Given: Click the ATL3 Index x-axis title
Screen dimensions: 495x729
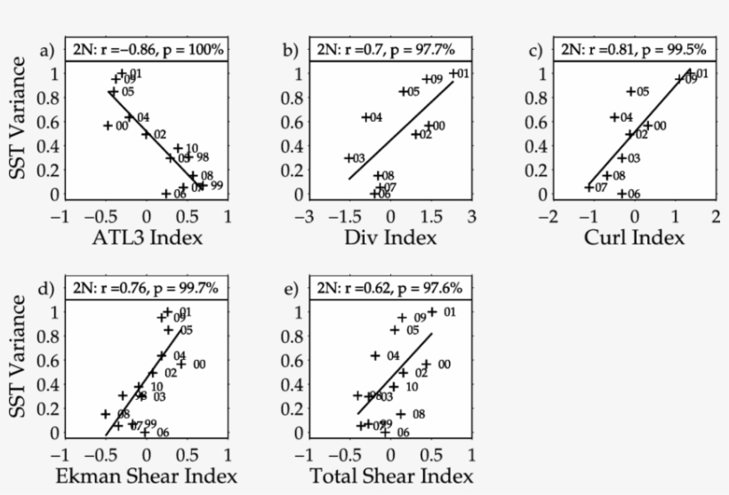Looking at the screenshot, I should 145,237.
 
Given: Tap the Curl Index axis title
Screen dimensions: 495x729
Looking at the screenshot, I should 634,237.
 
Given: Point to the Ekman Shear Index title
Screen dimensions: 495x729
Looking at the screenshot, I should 145,476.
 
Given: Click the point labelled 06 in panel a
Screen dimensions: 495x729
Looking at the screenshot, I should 166,193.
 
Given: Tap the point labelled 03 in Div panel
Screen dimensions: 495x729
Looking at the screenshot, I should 349,157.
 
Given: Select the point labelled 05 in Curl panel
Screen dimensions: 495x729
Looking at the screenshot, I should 631,91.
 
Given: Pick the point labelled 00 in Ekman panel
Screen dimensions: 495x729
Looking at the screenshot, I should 181,363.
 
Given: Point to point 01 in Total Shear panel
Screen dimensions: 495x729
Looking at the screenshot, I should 433,312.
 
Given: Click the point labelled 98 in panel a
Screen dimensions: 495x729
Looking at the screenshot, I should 188,156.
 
